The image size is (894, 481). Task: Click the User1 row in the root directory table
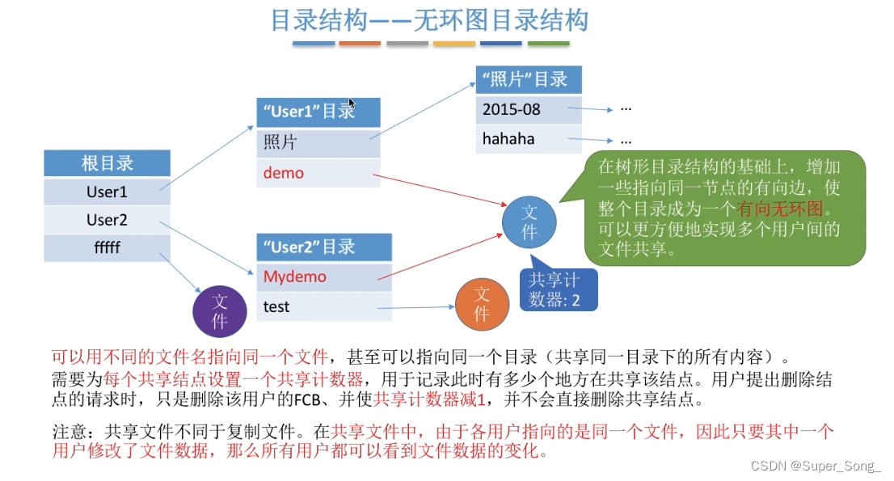pos(108,192)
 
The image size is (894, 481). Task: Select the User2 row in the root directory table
pos(108,220)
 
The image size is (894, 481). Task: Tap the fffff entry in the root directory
pos(108,247)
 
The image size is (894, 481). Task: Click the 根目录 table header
pos(108,163)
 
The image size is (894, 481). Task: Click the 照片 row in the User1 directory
pos(318,142)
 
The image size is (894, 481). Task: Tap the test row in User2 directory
pos(324,306)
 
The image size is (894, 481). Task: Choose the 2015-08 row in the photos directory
pos(529,109)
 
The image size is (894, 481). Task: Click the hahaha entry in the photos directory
pos(529,139)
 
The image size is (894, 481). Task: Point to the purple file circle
pos(220,311)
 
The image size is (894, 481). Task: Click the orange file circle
pos(482,304)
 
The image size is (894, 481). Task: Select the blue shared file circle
pos(529,222)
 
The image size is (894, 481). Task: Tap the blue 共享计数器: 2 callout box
pos(559,289)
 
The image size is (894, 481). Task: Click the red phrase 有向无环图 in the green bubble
pos(780,209)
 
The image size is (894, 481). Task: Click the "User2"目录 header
pos(324,247)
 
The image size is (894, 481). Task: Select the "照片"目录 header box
pos(529,79)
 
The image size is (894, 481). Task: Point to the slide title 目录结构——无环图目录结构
pos(429,20)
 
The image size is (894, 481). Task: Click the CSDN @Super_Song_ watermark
pos(816,466)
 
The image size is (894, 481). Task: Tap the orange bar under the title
pos(360,44)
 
